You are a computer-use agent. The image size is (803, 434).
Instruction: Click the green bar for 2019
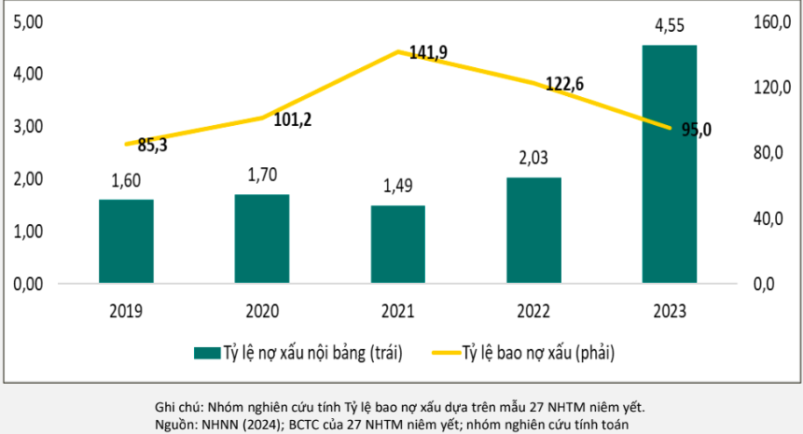click(126, 240)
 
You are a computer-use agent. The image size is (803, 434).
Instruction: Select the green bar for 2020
click(262, 237)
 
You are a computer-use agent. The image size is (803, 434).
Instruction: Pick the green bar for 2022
click(533, 229)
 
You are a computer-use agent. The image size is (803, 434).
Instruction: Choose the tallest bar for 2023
click(669, 163)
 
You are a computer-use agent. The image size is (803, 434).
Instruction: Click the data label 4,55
click(670, 27)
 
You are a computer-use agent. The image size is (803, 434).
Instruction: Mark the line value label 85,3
click(152, 145)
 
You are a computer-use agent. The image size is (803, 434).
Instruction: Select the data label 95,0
click(696, 130)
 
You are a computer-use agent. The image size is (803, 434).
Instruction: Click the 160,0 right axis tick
click(771, 21)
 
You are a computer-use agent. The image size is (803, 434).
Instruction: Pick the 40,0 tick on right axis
click(771, 218)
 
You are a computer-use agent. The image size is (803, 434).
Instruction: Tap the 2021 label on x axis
click(397, 312)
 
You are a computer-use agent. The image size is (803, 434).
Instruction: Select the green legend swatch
click(205, 352)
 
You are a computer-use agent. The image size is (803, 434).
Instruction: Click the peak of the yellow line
click(399, 51)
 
